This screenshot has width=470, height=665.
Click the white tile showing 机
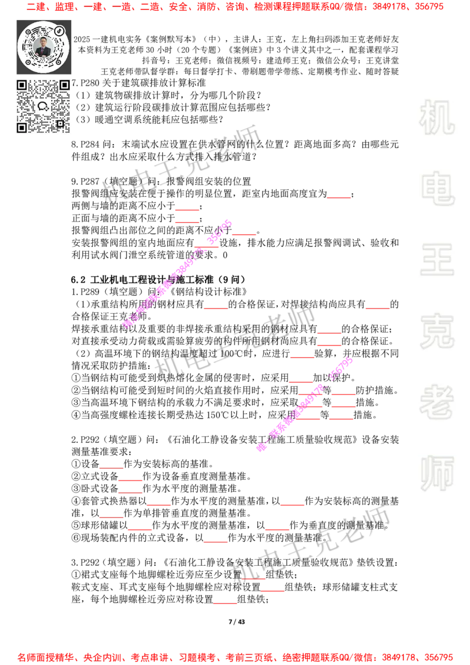pyautogui.click(x=437, y=117)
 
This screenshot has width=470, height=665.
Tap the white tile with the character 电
pyautogui.click(x=439, y=188)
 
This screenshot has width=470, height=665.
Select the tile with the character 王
pyautogui.click(x=437, y=260)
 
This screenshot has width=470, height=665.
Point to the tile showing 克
pyautogui.click(x=437, y=331)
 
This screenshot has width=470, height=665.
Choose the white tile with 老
pyautogui.click(x=437, y=402)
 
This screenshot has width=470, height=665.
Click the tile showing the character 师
pyautogui.click(x=437, y=474)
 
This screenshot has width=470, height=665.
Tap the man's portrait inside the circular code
pyautogui.click(x=43, y=47)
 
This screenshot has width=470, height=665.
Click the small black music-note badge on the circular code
pyautogui.click(x=59, y=31)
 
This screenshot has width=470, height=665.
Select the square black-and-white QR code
pyautogui.click(x=44, y=106)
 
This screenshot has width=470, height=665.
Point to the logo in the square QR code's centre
pyautogui.click(x=43, y=106)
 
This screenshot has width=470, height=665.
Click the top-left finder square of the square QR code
pyautogui.click(x=22, y=85)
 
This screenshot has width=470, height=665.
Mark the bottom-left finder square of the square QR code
pyautogui.click(x=22, y=127)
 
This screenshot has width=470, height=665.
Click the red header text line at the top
pyautogui.click(x=235, y=7)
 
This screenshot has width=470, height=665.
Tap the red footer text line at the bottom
pyautogui.click(x=235, y=657)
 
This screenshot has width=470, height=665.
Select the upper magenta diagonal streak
pyautogui.click(x=176, y=274)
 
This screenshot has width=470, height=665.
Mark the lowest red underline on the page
pyautogui.click(x=225, y=603)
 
